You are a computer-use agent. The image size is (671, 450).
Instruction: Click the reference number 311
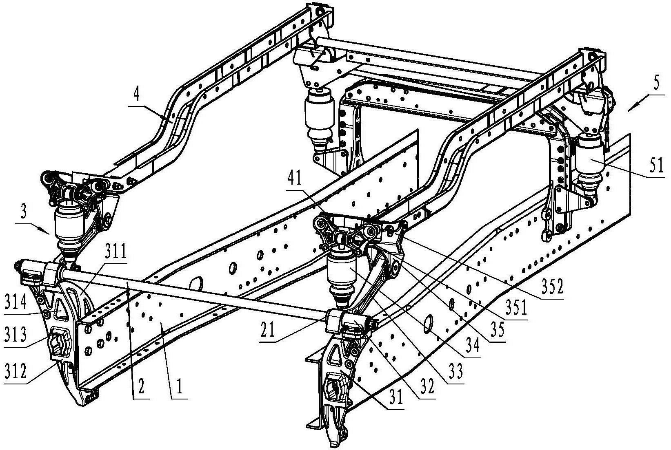point(116,252)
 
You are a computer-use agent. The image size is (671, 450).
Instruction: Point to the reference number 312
point(16,371)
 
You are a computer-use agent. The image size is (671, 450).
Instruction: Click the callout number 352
point(552,286)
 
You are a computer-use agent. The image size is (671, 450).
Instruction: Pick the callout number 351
point(516,308)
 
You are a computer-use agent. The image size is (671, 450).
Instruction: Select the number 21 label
point(267,330)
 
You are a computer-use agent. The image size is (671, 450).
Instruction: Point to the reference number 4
point(136,95)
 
